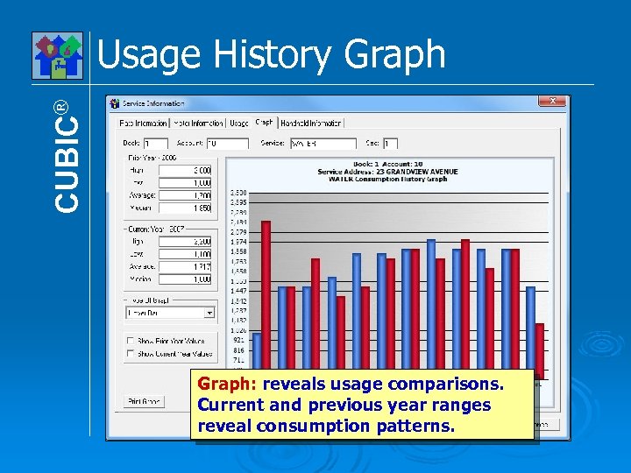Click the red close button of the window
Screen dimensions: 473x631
point(553,102)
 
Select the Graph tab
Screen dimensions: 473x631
point(264,123)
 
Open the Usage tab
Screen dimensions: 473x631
point(239,123)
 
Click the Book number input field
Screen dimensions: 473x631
point(156,143)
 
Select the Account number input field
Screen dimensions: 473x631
point(227,143)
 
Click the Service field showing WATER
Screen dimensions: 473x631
point(322,143)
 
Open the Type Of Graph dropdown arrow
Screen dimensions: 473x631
point(209,312)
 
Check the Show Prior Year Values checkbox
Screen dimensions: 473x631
point(131,341)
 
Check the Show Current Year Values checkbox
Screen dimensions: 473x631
point(131,354)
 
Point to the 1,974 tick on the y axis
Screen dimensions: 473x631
point(238,241)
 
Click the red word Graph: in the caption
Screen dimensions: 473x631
point(227,384)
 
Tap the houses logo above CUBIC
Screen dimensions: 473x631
point(58,55)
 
